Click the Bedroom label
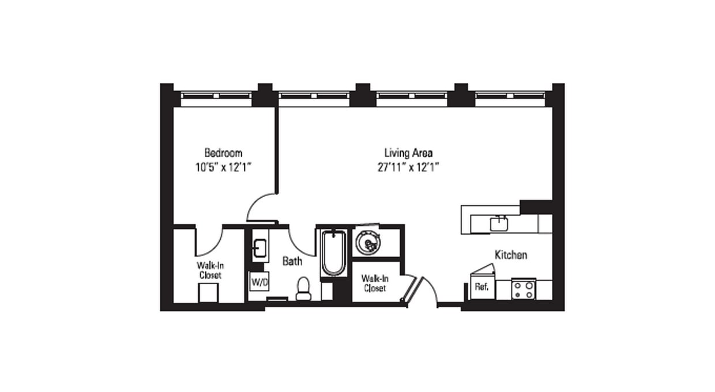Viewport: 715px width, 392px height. [x=223, y=153]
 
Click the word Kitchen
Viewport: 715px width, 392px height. [x=510, y=254]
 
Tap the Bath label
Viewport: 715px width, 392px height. [x=292, y=261]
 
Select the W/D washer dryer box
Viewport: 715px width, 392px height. [x=257, y=282]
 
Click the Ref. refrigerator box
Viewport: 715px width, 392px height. [x=481, y=287]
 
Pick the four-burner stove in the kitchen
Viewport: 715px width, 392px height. [x=523, y=289]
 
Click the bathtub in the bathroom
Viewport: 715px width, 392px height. [x=333, y=253]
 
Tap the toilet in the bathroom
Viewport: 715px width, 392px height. [x=303, y=289]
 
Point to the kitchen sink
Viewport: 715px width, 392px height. [x=499, y=223]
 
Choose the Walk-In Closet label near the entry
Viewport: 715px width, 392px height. [x=374, y=283]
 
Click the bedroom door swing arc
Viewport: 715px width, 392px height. [x=258, y=206]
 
